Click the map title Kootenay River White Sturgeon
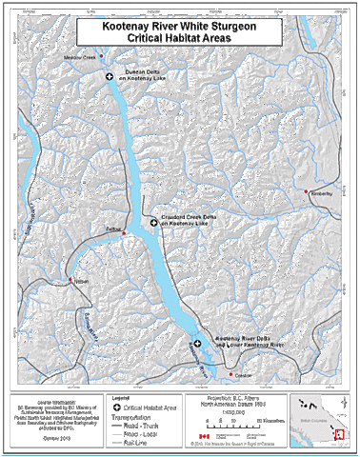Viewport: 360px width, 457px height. (180, 28)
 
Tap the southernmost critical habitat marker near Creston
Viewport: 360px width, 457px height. (198, 342)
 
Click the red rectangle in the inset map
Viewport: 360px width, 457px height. (339, 436)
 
